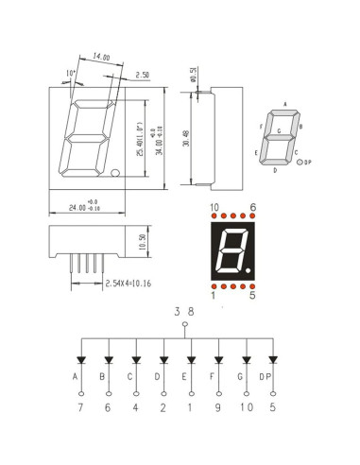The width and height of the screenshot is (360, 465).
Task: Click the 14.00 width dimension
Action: click(x=101, y=58)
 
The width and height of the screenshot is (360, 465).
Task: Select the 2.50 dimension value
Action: click(x=143, y=74)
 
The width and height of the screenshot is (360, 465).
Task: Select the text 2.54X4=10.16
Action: click(x=134, y=283)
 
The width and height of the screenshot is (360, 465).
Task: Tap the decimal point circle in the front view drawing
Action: click(x=113, y=173)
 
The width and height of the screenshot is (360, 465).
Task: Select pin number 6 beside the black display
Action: click(x=253, y=206)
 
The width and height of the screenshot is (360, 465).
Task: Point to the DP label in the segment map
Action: click(x=309, y=163)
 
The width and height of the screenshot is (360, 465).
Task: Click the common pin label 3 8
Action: click(x=184, y=310)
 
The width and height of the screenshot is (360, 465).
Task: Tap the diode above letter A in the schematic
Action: click(x=79, y=360)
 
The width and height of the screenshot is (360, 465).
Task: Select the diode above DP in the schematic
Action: click(x=274, y=360)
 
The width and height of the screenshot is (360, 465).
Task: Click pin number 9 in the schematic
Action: click(x=218, y=408)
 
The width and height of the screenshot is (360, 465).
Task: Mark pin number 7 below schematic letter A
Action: click(x=79, y=408)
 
